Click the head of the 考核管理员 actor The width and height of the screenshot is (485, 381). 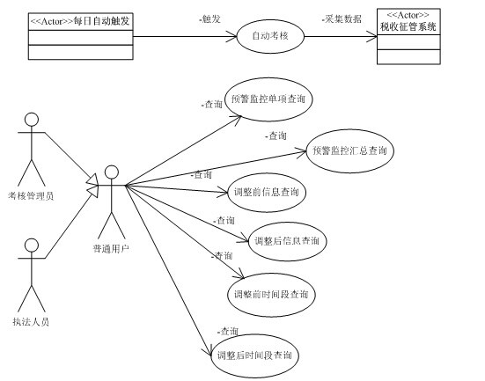pyautogui.click(x=32, y=120)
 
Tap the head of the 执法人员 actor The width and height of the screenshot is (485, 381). pyautogui.click(x=32, y=245)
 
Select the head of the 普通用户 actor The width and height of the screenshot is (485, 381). pyautogui.click(x=112, y=172)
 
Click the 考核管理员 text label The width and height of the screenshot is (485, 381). pyautogui.click(x=31, y=195)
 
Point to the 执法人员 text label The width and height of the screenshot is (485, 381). pyautogui.click(x=31, y=322)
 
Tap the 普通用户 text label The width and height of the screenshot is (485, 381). pyautogui.click(x=111, y=248)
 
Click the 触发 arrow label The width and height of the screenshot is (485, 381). pyautogui.click(x=210, y=19)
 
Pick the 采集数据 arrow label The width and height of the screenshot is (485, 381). pyautogui.click(x=342, y=19)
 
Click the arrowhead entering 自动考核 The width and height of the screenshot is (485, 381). pyautogui.click(x=231, y=36)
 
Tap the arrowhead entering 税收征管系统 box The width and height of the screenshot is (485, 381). pyautogui.click(x=371, y=36)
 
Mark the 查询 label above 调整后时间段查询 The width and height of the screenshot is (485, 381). pyautogui.click(x=228, y=332)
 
